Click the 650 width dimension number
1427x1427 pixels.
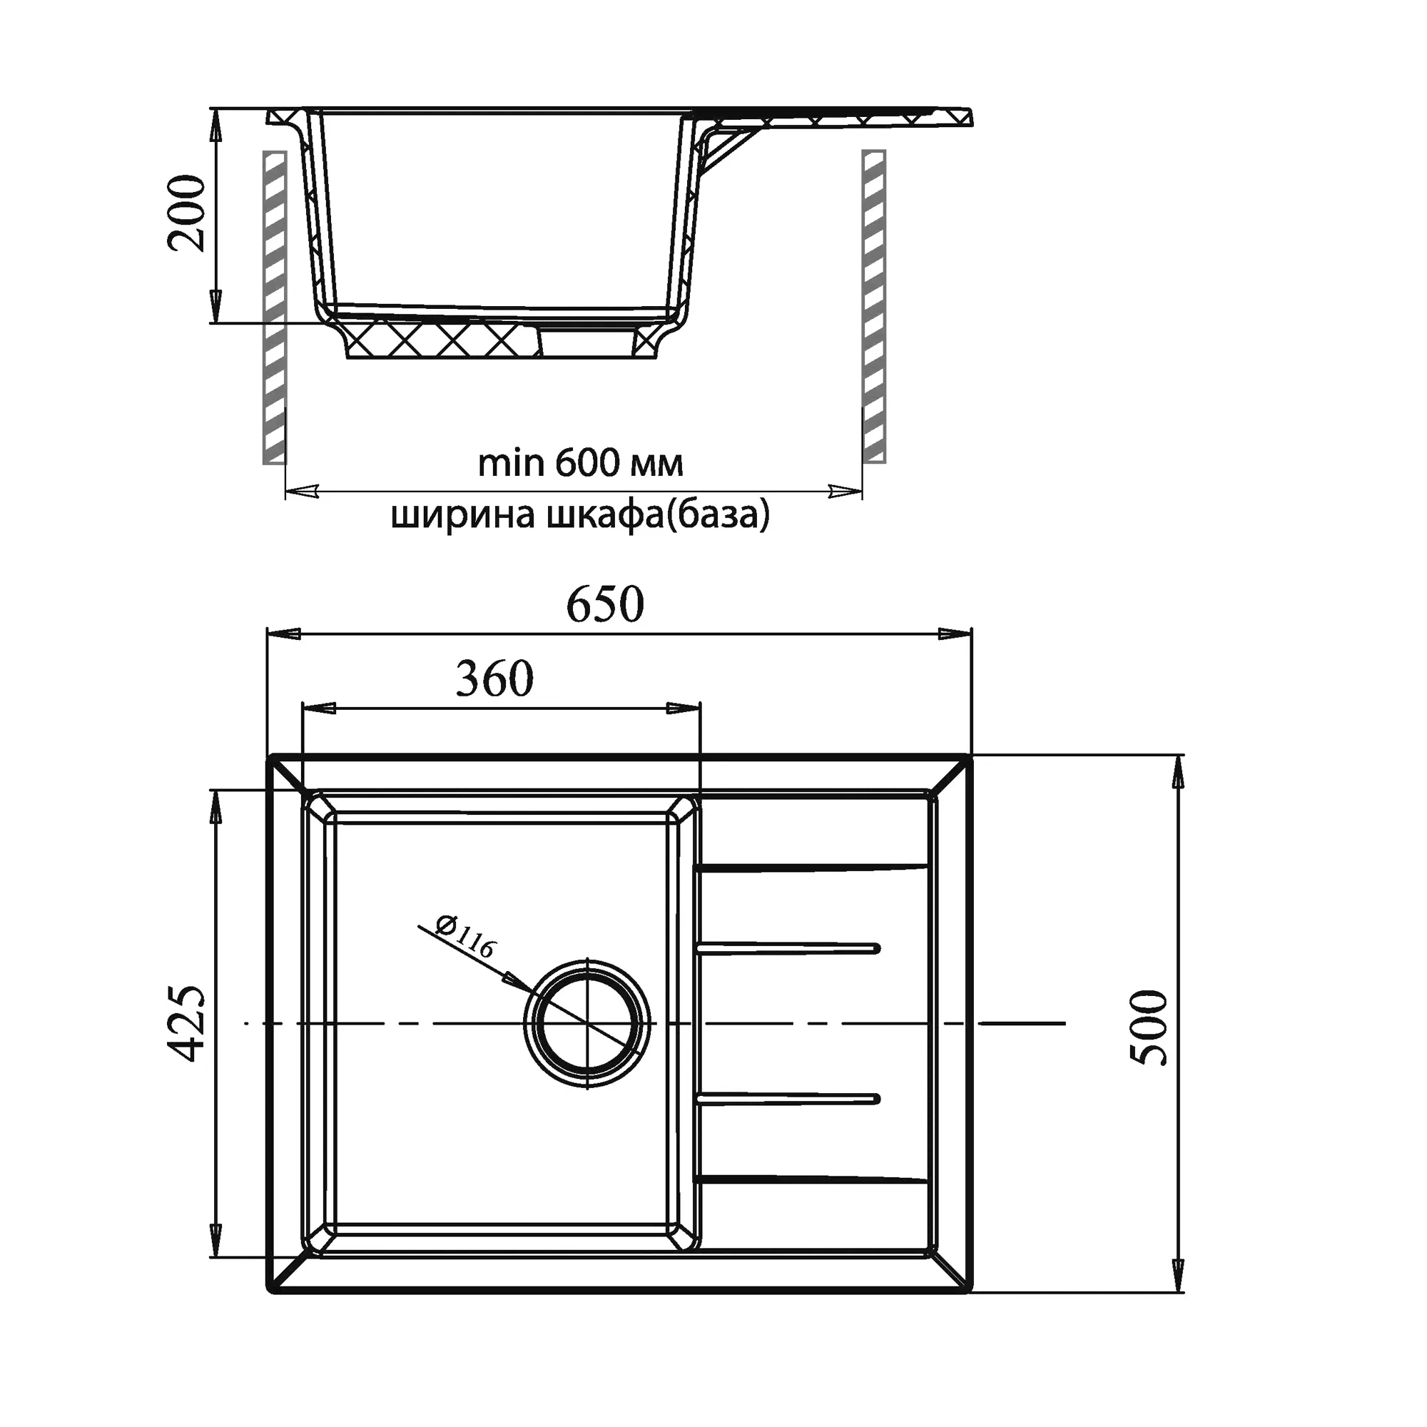[x=605, y=604]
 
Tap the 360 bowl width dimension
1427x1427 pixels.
[x=494, y=679]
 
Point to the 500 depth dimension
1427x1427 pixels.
[x=1149, y=1027]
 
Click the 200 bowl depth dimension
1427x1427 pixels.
[x=186, y=214]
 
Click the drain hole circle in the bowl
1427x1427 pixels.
[x=587, y=1024]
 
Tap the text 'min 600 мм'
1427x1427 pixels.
[x=581, y=463]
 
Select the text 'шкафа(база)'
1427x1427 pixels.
[x=658, y=515]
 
